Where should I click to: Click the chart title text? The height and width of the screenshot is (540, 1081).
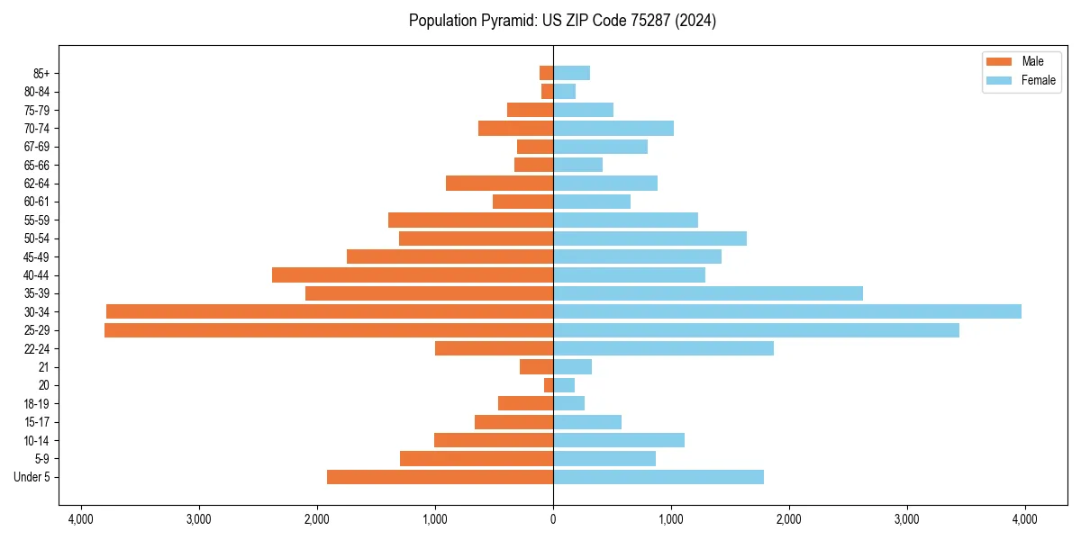tap(562, 21)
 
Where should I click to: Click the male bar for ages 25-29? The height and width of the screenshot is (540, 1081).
tap(329, 330)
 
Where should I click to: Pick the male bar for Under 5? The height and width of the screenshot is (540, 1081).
tap(440, 477)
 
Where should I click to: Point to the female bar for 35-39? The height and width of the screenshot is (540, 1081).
tap(708, 293)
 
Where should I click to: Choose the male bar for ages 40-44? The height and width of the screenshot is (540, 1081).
tap(413, 274)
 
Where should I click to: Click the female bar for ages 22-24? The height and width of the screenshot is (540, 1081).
tap(663, 348)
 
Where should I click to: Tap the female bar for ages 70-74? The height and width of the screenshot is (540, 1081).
tap(613, 128)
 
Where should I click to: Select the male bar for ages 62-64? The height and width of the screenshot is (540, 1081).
tap(499, 183)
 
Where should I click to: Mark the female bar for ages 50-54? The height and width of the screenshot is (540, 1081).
tap(650, 238)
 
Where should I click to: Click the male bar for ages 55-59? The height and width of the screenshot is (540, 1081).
tap(470, 220)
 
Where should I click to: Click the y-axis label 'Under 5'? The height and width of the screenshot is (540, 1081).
tap(32, 477)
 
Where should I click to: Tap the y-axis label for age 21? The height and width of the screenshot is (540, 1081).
tap(43, 367)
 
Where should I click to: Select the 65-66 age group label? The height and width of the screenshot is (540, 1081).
tap(37, 165)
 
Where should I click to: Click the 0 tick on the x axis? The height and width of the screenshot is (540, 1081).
tap(553, 519)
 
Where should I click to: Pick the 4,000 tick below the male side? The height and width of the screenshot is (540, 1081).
tap(81, 519)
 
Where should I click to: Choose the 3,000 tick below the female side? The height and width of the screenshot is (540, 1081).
tap(906, 519)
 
